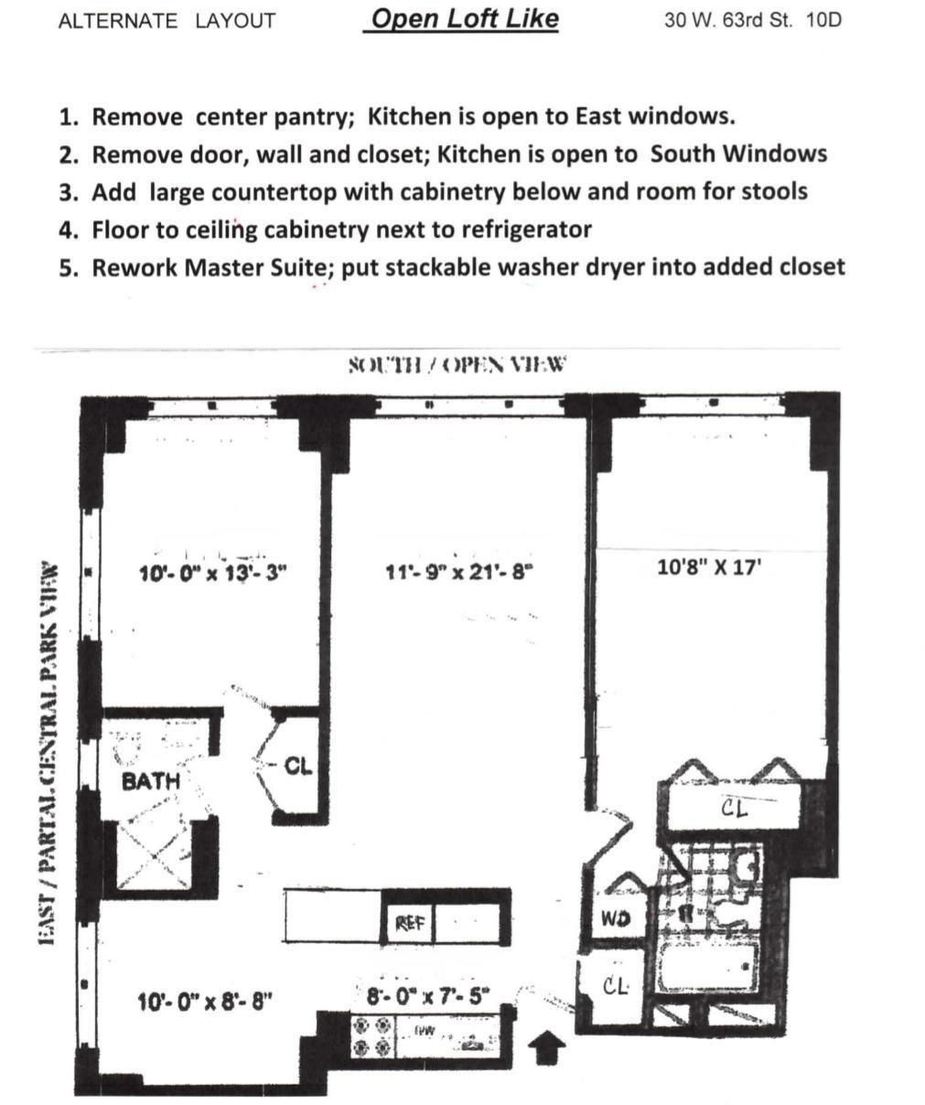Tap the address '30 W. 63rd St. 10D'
point(752,20)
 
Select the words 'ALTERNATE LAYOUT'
point(167,21)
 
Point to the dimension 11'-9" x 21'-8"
point(459,573)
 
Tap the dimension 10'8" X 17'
point(708,567)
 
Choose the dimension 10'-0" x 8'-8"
point(205,1002)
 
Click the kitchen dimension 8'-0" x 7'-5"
point(428,995)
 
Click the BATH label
point(151,781)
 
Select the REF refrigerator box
point(409,923)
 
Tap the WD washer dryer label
point(614,918)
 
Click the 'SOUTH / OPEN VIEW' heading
point(457,365)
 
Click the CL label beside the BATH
point(298,766)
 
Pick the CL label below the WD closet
point(615,986)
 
